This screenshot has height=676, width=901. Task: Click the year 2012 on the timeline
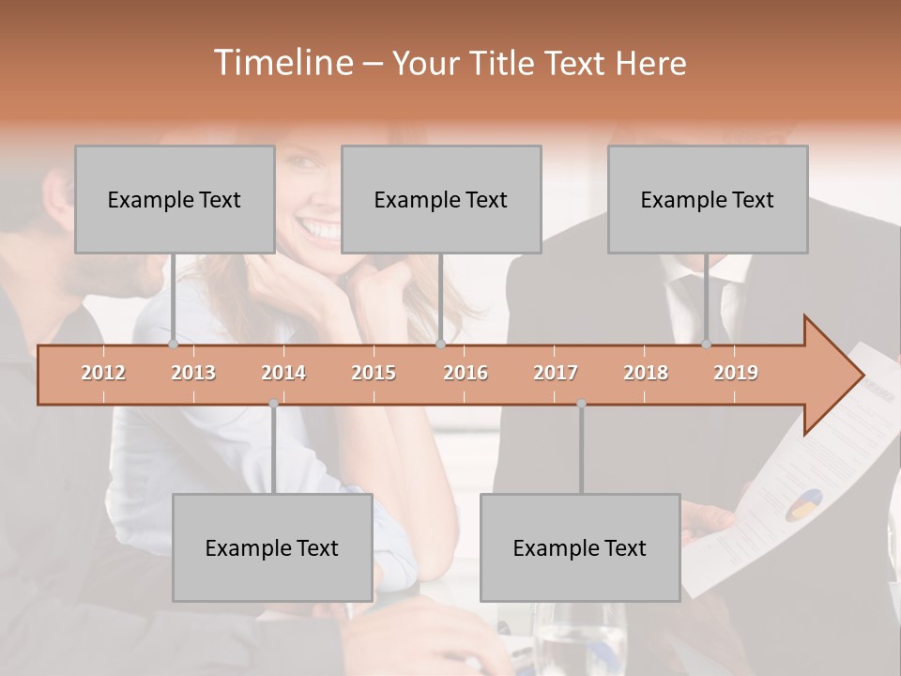103,373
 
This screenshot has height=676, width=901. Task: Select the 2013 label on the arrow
193,373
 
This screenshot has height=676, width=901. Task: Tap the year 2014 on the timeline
283,373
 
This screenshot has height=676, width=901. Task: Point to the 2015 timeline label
374,373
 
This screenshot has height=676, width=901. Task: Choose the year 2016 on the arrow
466,373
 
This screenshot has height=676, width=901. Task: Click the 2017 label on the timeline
556,373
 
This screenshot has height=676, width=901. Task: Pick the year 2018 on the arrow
646,373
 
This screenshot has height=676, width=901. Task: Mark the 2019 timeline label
736,373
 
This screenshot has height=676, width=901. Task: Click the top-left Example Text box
175,199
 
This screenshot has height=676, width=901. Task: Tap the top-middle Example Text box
441,199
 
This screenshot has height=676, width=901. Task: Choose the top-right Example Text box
708,199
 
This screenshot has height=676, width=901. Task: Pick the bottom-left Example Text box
272,547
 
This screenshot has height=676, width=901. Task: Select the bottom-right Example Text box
580,547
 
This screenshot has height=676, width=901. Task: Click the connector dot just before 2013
173,345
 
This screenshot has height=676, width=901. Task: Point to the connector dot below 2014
273,404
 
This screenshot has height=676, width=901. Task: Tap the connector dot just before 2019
706,345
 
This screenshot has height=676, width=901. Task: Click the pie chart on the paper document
801,504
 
